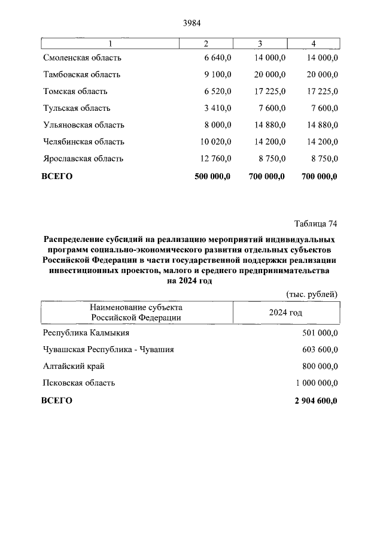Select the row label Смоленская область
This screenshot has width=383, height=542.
click(x=82, y=57)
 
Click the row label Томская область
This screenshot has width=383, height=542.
click(x=75, y=92)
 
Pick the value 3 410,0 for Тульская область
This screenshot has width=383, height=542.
click(x=217, y=108)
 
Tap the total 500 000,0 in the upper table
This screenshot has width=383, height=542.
click(x=213, y=176)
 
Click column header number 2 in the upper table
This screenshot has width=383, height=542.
click(x=206, y=43)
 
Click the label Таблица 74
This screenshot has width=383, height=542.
click(x=316, y=225)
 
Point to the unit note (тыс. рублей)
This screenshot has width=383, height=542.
click(x=309, y=293)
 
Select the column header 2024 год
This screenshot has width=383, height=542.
click(x=285, y=313)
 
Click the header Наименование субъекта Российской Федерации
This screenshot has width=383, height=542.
click(x=136, y=313)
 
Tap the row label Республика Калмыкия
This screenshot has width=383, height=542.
click(x=86, y=333)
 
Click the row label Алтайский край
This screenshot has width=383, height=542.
click(x=74, y=367)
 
